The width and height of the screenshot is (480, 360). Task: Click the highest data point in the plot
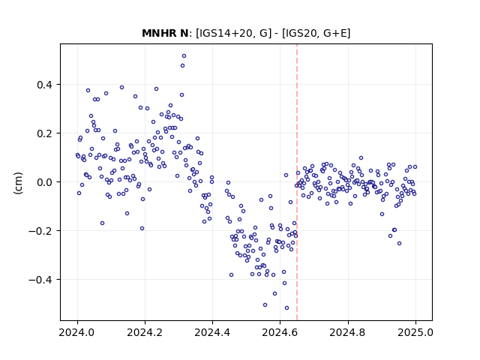click(x=184, y=56)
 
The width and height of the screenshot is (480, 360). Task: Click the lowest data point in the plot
click(x=286, y=308)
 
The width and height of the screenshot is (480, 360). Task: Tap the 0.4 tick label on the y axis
click(x=44, y=85)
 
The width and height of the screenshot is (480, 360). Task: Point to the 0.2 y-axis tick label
click(x=44, y=133)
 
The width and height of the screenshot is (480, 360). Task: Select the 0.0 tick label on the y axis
click(x=44, y=182)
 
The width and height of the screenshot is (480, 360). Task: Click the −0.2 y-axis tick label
click(x=40, y=231)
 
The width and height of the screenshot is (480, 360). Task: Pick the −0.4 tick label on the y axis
click(x=40, y=280)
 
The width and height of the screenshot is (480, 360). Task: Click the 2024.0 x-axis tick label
click(x=77, y=332)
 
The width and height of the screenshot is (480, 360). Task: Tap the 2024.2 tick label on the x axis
click(x=145, y=332)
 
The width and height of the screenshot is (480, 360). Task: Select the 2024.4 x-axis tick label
click(x=212, y=332)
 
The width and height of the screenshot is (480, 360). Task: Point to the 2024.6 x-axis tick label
click(x=280, y=332)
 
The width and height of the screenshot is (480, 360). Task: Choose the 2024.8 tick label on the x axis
click(x=348, y=332)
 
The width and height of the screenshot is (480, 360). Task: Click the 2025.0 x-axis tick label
click(x=415, y=332)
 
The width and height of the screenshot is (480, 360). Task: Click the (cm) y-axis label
click(x=18, y=183)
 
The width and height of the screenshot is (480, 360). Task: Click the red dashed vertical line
click(x=297, y=182)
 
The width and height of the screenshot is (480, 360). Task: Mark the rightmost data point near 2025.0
click(x=415, y=167)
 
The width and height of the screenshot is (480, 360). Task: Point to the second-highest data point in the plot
click(x=182, y=66)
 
